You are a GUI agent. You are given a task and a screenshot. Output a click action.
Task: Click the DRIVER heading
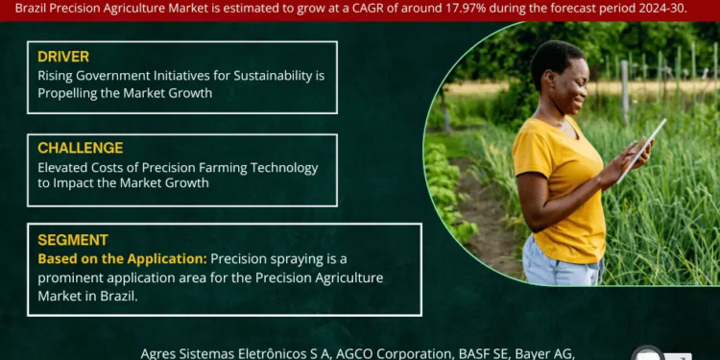coord(63,57)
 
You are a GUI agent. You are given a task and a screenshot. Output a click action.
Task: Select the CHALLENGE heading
coord(80,148)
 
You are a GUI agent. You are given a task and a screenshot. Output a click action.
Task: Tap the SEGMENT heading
coord(73,240)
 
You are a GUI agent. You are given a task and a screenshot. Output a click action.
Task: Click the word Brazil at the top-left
coord(36,7)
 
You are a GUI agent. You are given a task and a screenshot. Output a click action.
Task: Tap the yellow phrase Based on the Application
coord(122,259)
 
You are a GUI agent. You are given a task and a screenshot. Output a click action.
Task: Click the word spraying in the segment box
coord(304,259)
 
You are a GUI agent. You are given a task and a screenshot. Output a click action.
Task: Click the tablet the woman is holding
coord(640,149)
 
